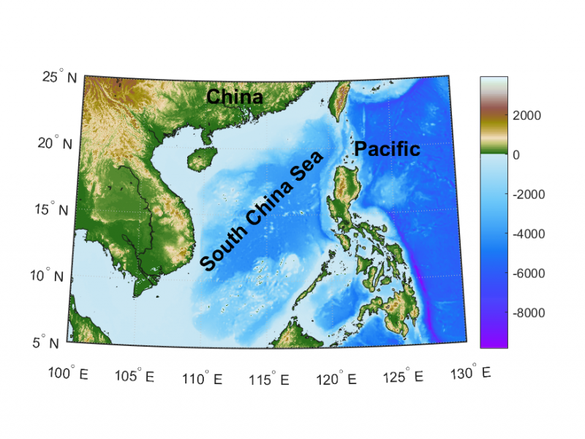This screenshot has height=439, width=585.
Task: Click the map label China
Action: pyautogui.click(x=234, y=97)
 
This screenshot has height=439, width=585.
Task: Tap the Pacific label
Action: pyautogui.click(x=387, y=149)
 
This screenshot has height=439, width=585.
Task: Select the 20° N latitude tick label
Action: pyautogui.click(x=55, y=143)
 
